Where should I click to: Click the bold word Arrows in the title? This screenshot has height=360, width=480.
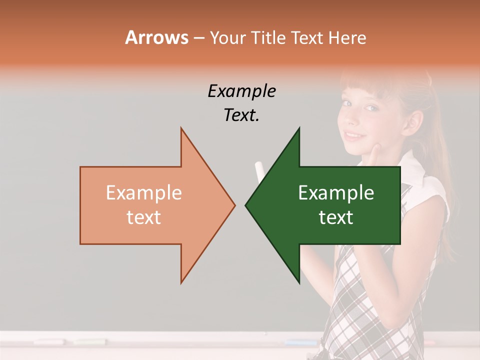(x=156, y=37)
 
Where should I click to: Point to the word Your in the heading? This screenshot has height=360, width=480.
(x=227, y=38)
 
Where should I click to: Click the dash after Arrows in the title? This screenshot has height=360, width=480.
(x=198, y=38)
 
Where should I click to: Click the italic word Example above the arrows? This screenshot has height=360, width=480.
(x=241, y=91)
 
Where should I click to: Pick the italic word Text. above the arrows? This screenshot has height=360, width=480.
(x=241, y=115)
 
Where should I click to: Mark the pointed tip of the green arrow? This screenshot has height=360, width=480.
(x=246, y=205)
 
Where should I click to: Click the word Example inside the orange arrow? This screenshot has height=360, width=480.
(x=143, y=193)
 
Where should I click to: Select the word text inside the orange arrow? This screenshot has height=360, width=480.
(x=143, y=217)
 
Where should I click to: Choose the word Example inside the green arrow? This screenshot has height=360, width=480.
(x=336, y=193)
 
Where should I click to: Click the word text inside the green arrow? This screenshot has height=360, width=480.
(x=336, y=217)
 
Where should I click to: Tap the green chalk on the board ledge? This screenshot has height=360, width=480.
(x=90, y=342)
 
